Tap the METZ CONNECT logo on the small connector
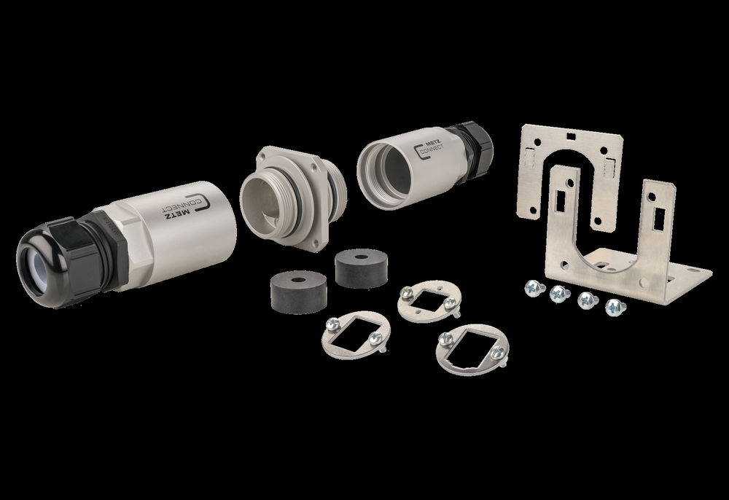(429, 148)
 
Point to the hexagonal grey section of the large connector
(125, 246)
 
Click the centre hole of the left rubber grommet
(298, 280)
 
